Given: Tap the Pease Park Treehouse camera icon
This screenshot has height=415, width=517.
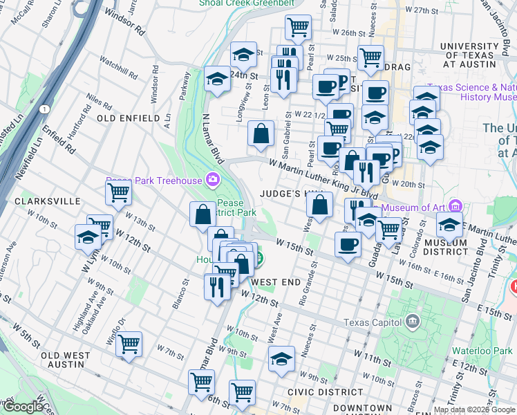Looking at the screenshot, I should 212,181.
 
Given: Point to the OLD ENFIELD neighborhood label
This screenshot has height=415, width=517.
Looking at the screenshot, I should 129,118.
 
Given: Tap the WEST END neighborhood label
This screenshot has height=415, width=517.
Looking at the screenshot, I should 276,282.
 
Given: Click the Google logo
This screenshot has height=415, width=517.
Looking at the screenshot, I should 23,407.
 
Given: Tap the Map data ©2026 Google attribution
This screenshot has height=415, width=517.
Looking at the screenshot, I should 473,409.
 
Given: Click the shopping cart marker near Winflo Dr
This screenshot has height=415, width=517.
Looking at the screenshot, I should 129,343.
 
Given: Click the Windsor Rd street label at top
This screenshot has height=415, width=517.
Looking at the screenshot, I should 130,30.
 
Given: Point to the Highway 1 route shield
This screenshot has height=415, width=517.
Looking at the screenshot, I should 44,110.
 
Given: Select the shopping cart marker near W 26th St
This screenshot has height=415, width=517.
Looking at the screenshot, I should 298,28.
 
